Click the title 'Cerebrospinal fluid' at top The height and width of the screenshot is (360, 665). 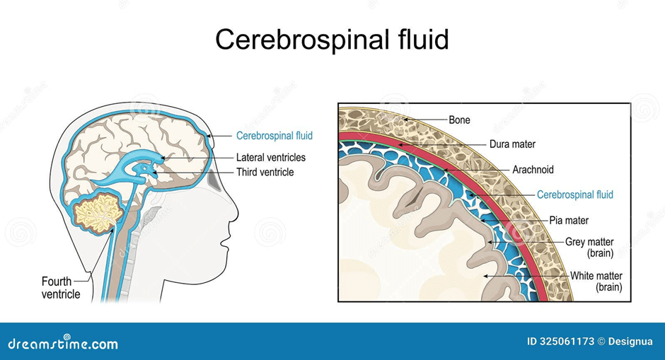click(x=332, y=40)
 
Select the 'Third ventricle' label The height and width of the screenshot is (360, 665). click(x=265, y=172)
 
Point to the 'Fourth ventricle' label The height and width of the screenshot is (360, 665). click(x=61, y=288)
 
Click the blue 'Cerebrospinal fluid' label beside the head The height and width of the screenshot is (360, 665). click(x=274, y=135)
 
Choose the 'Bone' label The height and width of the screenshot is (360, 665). click(x=459, y=120)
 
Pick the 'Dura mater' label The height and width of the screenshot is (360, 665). click(x=512, y=144)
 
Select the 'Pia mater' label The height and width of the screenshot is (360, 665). click(x=569, y=221)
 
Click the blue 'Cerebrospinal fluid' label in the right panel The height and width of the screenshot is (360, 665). click(x=575, y=194)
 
